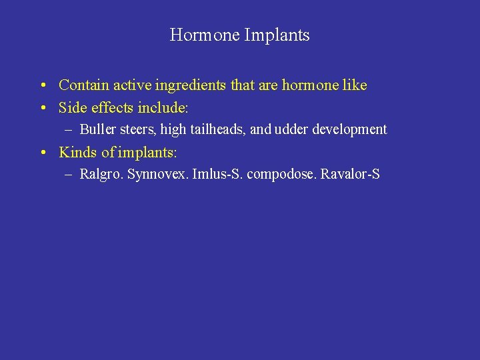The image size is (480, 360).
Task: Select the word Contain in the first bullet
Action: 84,85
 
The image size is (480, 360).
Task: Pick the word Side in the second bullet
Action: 71,107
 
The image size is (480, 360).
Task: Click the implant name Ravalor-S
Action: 350,175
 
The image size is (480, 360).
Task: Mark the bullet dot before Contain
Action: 42,86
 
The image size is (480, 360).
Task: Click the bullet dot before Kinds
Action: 42,153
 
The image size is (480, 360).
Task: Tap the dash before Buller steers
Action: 70,130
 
